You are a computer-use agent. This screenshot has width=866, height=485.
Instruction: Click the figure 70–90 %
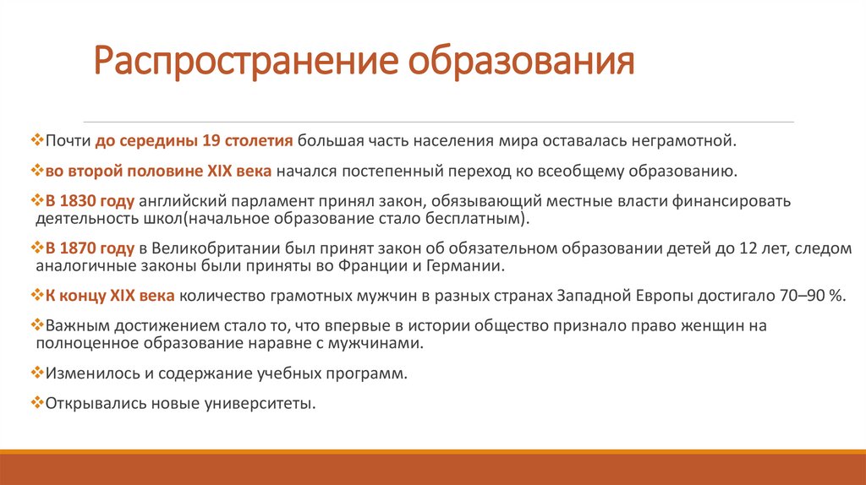tap(806, 296)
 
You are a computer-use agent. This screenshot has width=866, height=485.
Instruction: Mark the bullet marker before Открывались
tap(36, 402)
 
